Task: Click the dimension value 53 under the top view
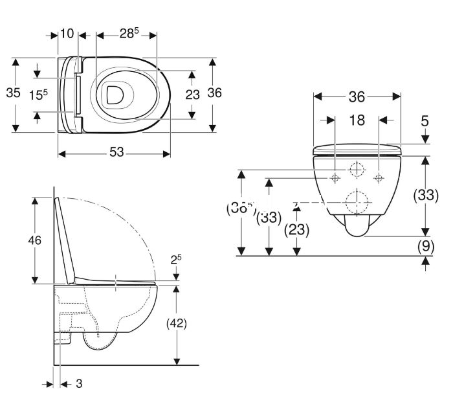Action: (x=116, y=153)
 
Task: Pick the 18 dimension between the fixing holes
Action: (x=357, y=120)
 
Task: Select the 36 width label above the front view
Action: (x=357, y=97)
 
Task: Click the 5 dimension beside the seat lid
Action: (x=425, y=121)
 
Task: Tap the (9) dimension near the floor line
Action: (x=425, y=246)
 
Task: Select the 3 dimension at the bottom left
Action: (x=79, y=384)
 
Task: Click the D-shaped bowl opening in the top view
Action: (x=115, y=95)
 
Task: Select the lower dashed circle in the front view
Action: (x=357, y=202)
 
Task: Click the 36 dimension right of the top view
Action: (x=214, y=93)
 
